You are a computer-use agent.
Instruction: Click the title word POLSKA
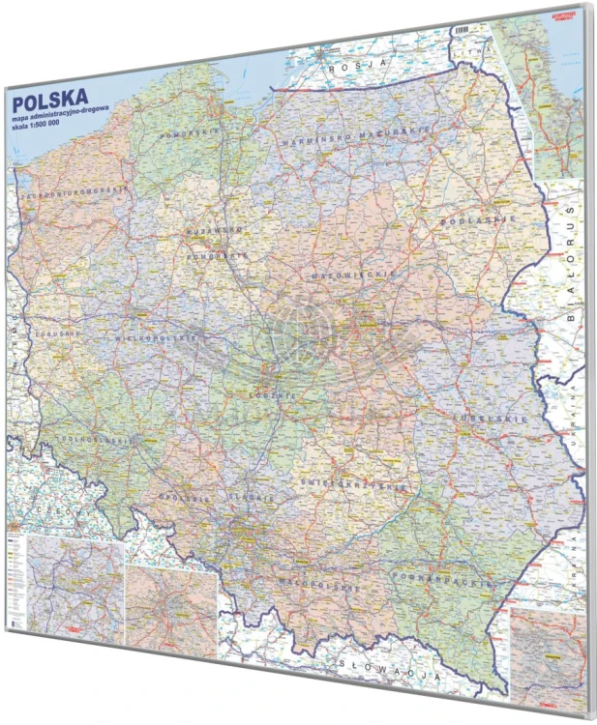click(x=47, y=99)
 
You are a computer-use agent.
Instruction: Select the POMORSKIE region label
click(x=188, y=130)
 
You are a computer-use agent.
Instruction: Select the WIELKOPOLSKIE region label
click(x=159, y=339)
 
